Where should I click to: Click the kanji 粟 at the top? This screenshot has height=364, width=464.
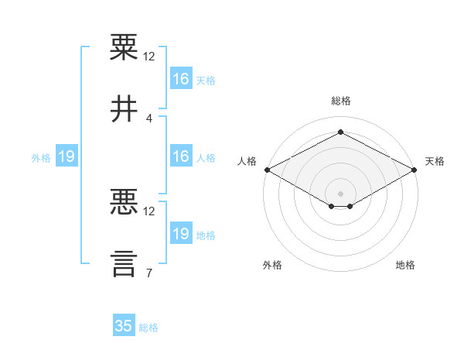pos(124,46)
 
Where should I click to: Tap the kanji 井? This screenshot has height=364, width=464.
pos(124,108)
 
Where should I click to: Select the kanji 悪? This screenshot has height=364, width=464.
pos(124,201)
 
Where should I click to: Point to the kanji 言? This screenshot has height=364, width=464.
pos(124,264)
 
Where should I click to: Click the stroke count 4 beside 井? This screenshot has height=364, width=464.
pos(148,118)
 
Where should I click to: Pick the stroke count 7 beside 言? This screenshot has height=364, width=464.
pos(149,273)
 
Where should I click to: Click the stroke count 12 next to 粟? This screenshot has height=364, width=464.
pos(148,57)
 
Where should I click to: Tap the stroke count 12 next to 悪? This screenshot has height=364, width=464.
pos(148,211)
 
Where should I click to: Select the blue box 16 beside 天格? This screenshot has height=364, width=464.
pos(181,78)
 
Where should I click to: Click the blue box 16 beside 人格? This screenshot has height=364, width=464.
pos(181,156)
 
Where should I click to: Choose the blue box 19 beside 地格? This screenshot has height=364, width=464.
pos(181,232)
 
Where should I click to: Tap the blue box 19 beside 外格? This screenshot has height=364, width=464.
pos(67,156)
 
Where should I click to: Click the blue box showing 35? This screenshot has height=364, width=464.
pos(124,325)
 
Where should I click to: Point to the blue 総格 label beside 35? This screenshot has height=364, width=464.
pos(148,328)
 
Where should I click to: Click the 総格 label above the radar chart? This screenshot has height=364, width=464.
pos(341,101)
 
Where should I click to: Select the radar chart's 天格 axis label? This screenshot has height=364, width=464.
pos(435,161)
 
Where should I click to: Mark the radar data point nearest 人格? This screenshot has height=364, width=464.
pos(268,170)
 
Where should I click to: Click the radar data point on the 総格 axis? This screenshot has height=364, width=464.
pos(340,132)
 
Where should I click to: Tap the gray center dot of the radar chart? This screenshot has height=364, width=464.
pos(340,194)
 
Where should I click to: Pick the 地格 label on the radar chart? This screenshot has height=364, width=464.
pos(405,265)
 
